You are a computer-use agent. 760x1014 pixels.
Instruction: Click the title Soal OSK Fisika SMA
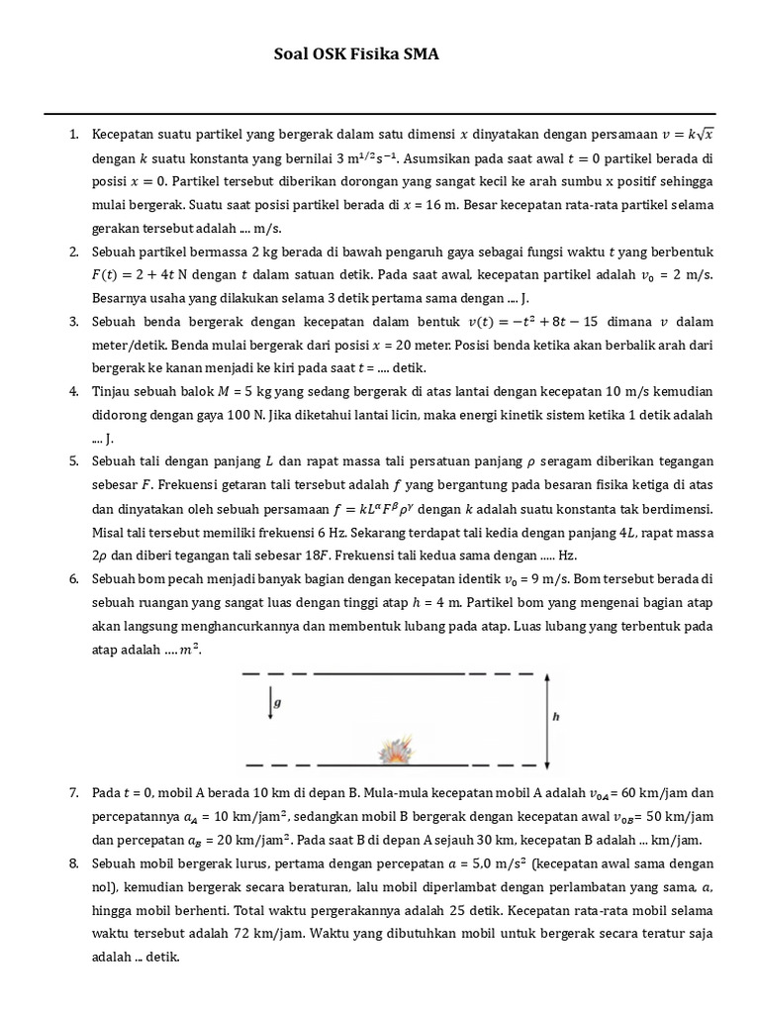pyautogui.click(x=355, y=55)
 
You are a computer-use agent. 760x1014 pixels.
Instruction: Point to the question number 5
pyautogui.click(x=74, y=462)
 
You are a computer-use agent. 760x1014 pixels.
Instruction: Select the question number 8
pyautogui.click(x=74, y=862)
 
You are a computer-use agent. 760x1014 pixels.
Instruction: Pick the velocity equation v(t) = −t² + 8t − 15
pyautogui.click(x=556, y=323)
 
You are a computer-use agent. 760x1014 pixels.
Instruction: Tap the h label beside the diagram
pyautogui.click(x=556, y=718)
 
